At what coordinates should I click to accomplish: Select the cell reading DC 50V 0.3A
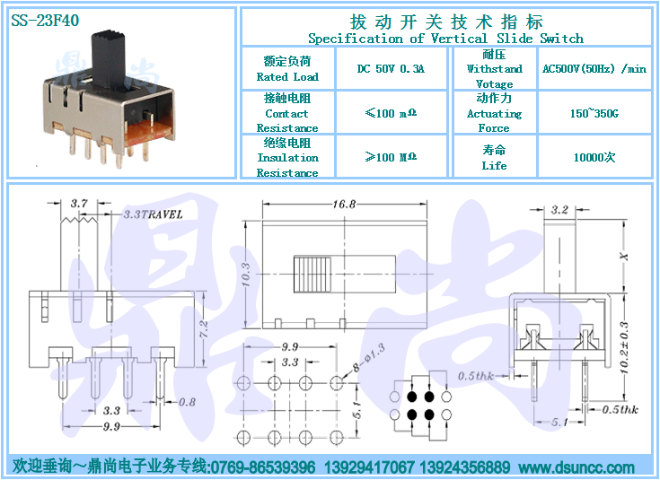pos(391,68)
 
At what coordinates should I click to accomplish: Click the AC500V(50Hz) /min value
pos(594,68)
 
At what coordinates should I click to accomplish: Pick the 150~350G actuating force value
pos(594,114)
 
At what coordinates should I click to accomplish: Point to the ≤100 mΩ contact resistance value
pos(391,114)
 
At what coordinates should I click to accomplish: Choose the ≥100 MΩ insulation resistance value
pos(391,158)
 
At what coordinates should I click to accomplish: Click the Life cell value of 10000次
pos(594,158)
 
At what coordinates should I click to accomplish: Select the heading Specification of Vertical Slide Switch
pos(445,39)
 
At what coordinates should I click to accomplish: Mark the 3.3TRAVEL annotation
pos(152,214)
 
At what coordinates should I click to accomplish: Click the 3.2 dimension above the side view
pos(559,210)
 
